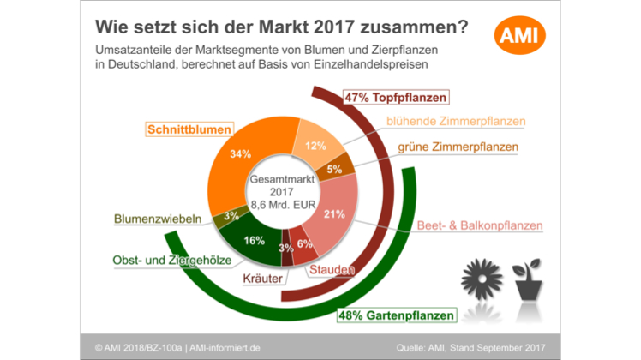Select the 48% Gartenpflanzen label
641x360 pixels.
tap(396, 316)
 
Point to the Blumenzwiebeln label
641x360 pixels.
tap(158, 219)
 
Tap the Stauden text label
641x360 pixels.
tap(331, 271)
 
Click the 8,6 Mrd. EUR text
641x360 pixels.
tap(279, 205)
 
